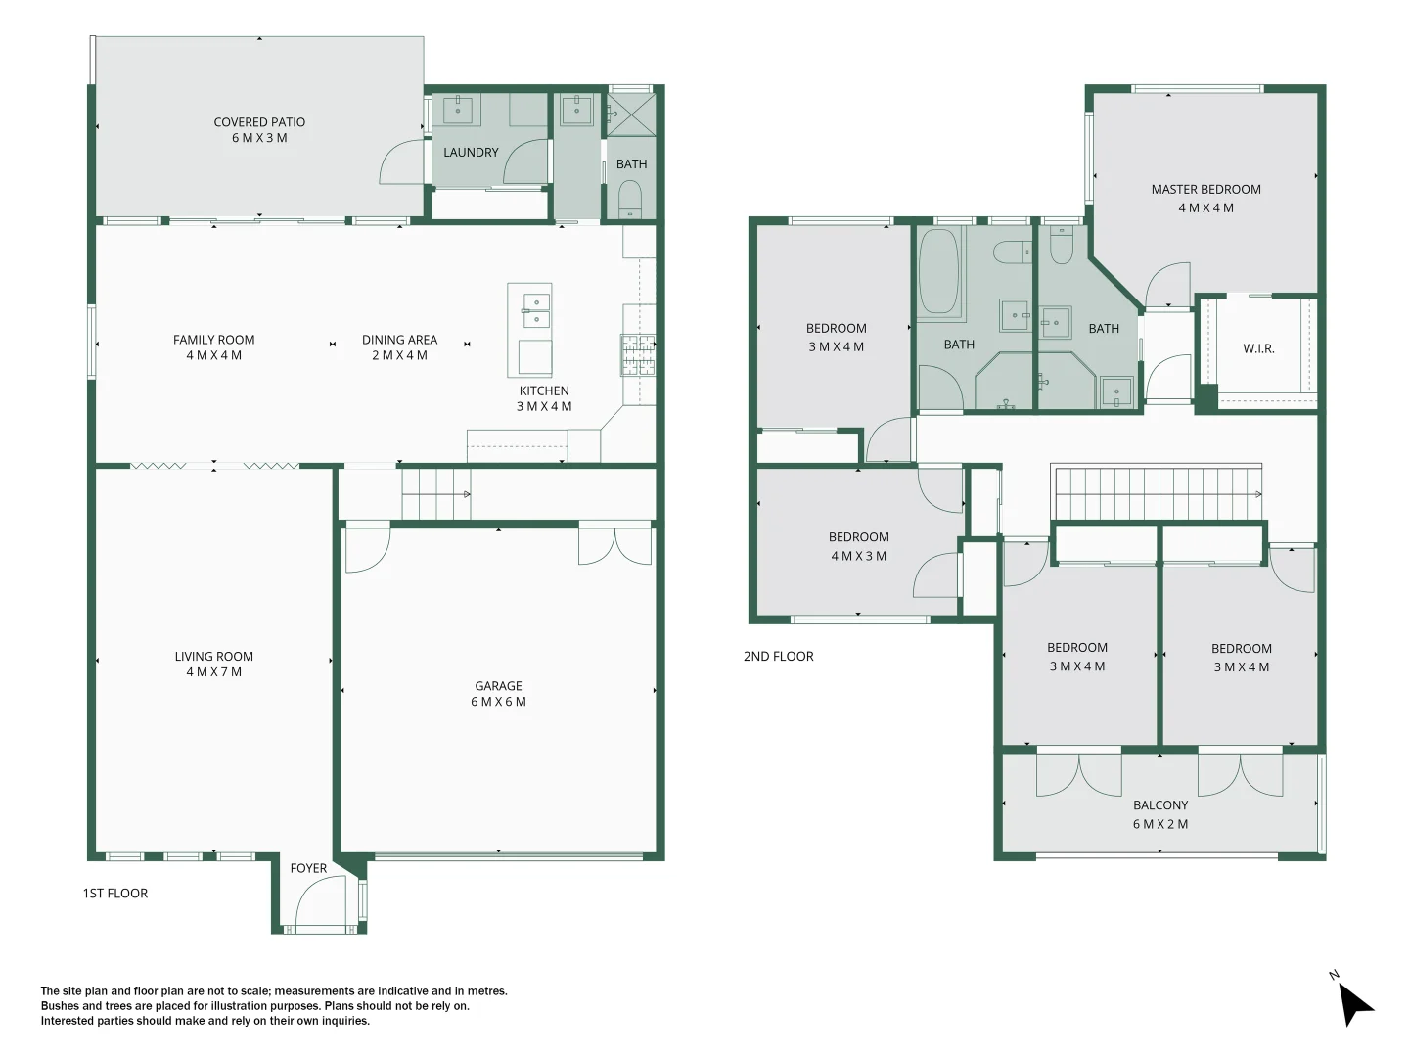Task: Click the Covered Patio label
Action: coord(259,122)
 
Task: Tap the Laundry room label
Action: coord(471,153)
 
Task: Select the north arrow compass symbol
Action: coord(1354,1002)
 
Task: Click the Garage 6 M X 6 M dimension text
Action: coord(498,702)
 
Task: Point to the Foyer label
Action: coord(308,868)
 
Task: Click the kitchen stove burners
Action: coord(638,355)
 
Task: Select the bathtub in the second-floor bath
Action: coord(938,271)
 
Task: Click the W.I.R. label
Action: coord(1258,348)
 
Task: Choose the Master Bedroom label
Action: coord(1205,190)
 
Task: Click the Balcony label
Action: coord(1160,805)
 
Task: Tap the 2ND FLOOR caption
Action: coord(778,657)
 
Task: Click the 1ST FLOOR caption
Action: coord(114,894)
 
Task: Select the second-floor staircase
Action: coord(1157,494)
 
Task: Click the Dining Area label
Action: coord(399,340)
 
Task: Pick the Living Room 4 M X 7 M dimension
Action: coord(213,672)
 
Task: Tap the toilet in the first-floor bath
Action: coord(630,201)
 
